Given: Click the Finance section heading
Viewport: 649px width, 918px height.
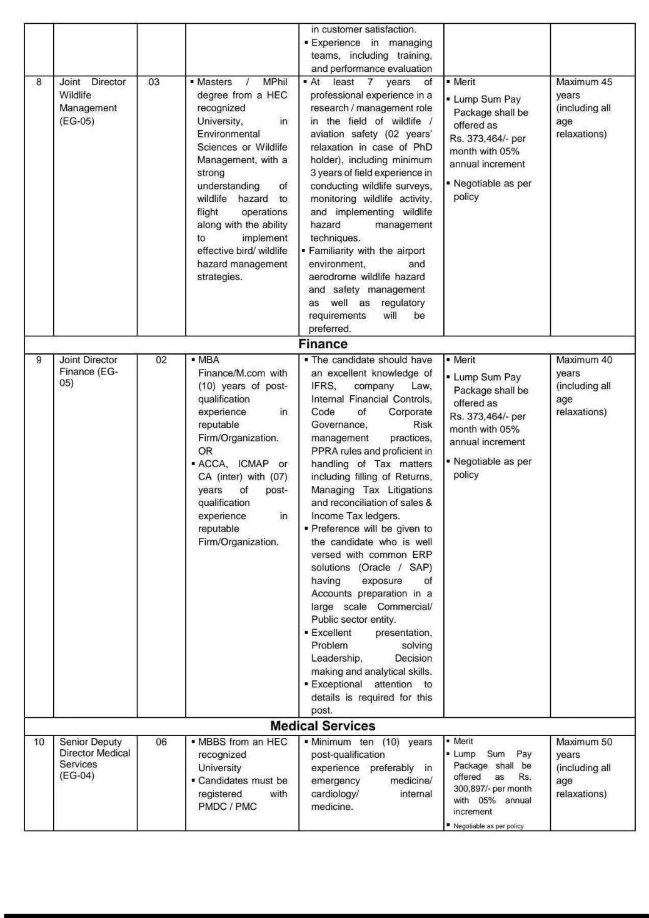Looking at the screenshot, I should tap(323, 344).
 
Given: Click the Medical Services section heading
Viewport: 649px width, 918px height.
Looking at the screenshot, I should tap(323, 726).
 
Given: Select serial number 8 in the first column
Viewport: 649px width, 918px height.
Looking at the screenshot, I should tap(39, 82).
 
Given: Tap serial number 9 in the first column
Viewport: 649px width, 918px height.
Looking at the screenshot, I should tap(39, 360).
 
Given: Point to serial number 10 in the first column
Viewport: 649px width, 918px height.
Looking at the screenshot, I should tap(39, 742).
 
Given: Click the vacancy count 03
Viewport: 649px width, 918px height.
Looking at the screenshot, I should tap(154, 82).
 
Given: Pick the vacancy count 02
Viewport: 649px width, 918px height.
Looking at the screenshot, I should tap(161, 360).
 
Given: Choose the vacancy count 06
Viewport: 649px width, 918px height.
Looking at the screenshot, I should tap(161, 742).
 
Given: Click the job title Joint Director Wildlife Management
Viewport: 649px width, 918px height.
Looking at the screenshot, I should tap(92, 101).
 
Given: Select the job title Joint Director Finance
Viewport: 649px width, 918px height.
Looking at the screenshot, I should tap(88, 371).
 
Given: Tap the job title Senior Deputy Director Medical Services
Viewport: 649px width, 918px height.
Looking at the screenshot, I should tap(94, 759).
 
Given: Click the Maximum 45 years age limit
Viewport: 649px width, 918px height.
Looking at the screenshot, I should tap(584, 82).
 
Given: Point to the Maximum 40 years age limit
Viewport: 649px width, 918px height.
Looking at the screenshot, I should tap(584, 360).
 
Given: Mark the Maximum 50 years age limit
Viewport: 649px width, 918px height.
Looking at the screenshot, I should tap(584, 742).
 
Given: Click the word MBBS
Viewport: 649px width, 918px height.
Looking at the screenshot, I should tap(211, 742).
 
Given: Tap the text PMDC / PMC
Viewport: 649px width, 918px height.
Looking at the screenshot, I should tap(228, 807).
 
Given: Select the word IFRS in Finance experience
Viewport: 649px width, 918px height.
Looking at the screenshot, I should tap(323, 386).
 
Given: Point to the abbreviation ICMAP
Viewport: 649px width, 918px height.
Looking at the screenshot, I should tap(253, 464).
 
